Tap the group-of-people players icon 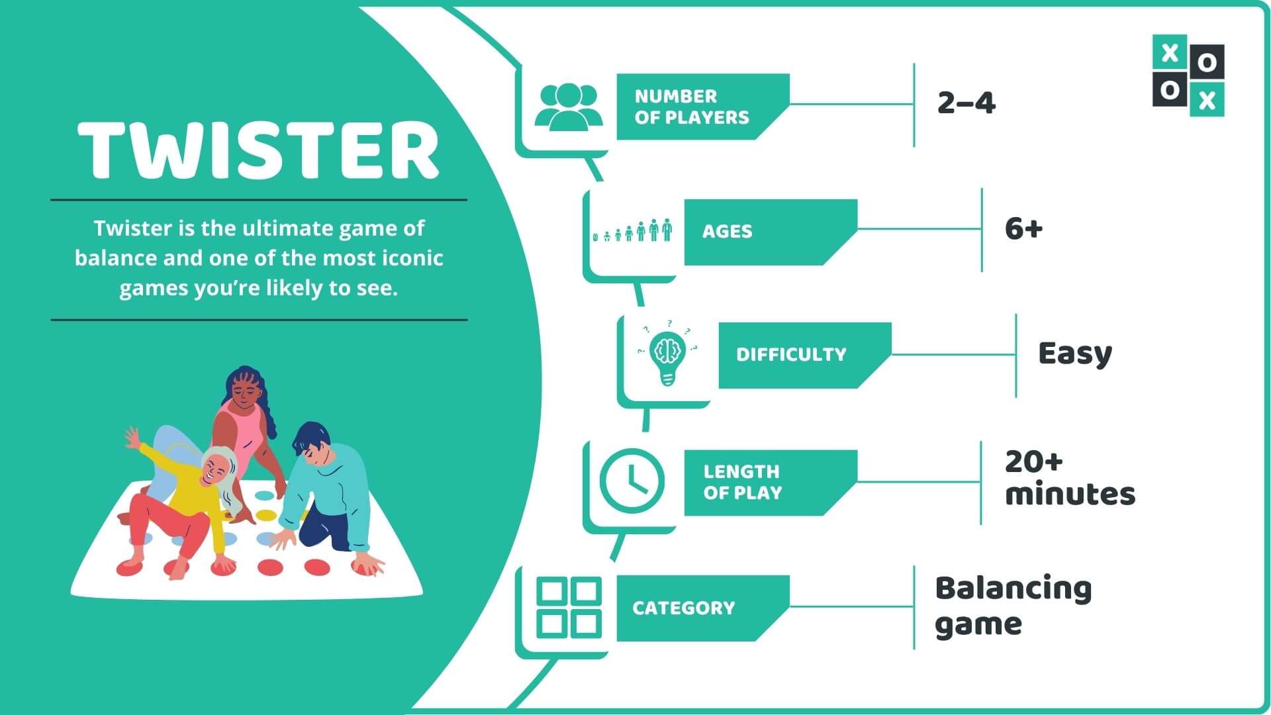(x=569, y=106)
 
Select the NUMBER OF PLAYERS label (x=692, y=107)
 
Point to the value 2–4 (x=966, y=103)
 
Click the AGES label (x=727, y=231)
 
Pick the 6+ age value (x=1023, y=229)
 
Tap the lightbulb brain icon (x=667, y=354)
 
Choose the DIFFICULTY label (x=791, y=355)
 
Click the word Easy (x=1075, y=354)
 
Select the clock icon (x=632, y=481)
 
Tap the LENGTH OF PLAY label (x=742, y=482)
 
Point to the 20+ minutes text (x=1068, y=478)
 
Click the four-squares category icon (x=569, y=608)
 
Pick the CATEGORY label (x=683, y=608)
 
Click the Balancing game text (x=1013, y=606)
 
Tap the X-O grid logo (x=1188, y=75)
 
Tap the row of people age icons (x=632, y=230)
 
